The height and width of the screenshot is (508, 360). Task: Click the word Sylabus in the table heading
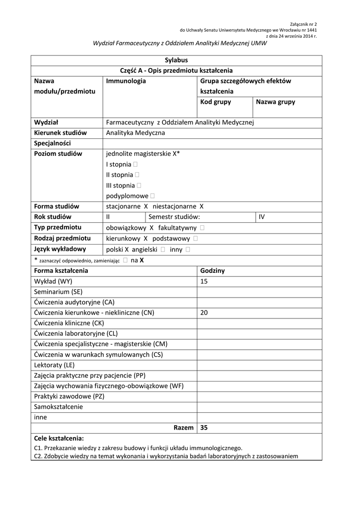176,60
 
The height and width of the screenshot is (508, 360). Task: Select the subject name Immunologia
126,81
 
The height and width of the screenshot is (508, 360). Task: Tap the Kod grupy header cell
216,102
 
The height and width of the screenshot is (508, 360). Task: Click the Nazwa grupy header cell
275,102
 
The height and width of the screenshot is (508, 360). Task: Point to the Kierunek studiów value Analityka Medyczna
136,132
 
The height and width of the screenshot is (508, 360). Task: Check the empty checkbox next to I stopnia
136,164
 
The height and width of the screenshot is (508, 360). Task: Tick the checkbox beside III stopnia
139,186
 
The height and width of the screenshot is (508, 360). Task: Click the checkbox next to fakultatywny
203,228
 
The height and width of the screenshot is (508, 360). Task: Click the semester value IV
262,217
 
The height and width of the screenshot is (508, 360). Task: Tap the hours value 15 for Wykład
204,281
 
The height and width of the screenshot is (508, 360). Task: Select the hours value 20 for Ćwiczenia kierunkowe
204,313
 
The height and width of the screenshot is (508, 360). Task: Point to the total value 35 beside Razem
204,427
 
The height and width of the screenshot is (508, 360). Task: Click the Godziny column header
213,270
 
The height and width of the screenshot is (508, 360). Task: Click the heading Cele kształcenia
59,438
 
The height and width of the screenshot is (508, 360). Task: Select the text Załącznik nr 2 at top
303,24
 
